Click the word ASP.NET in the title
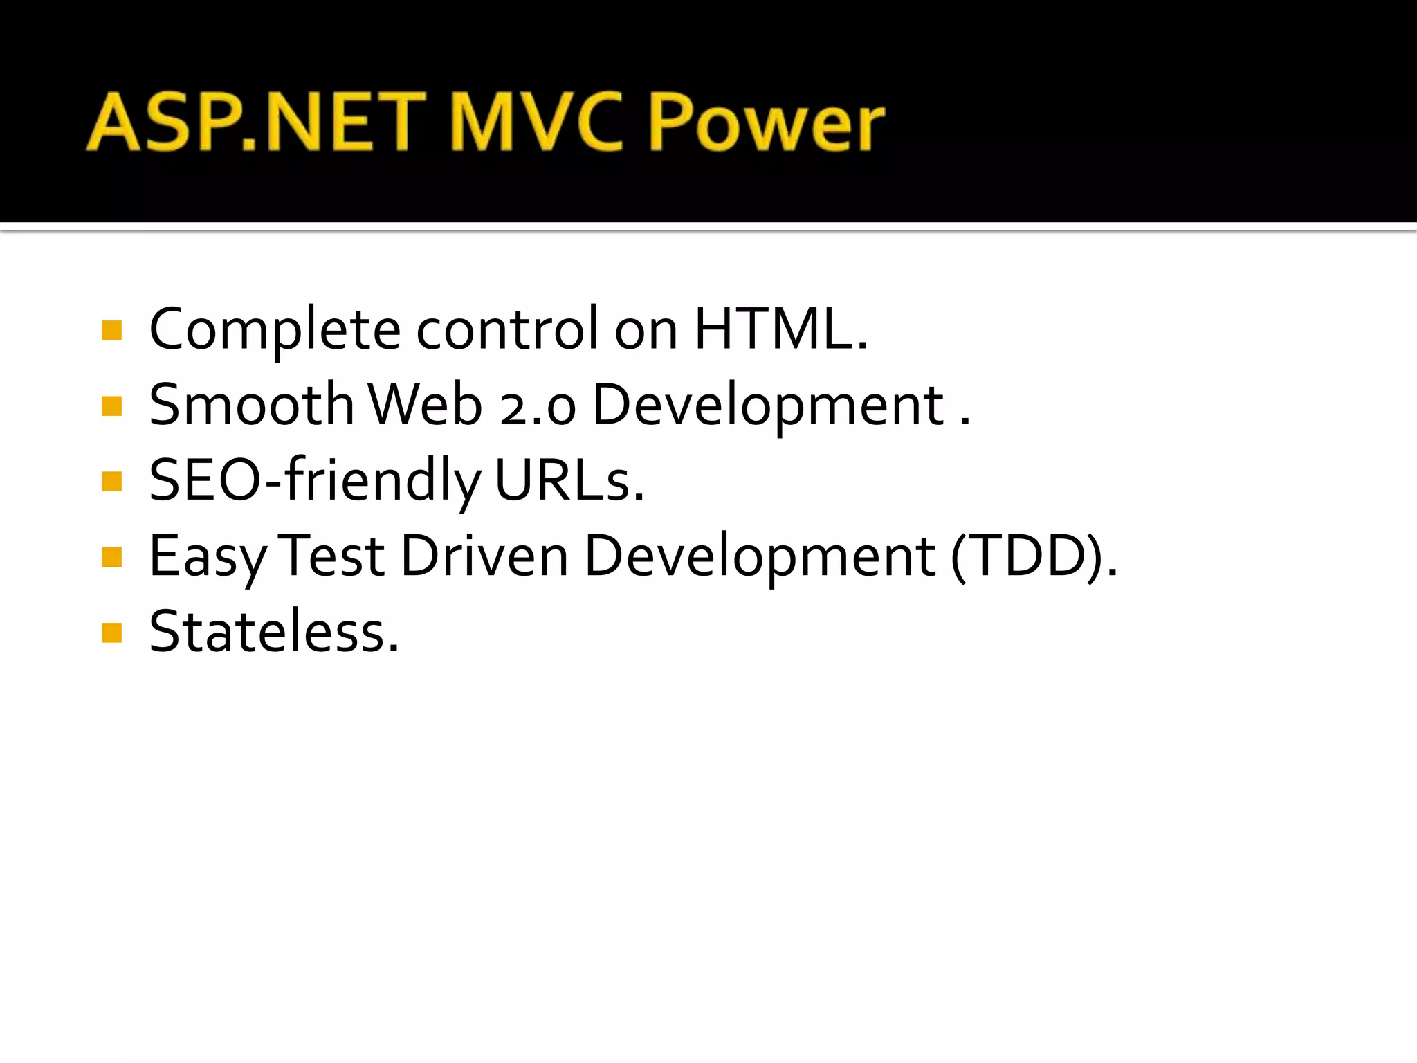[256, 122]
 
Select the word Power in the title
[767, 122]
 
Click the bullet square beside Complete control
[111, 330]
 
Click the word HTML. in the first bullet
[780, 329]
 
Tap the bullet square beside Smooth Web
[111, 406]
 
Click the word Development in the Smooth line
[768, 405]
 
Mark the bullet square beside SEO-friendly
[111, 481]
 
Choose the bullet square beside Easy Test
[111, 556]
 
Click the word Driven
[484, 556]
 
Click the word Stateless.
[274, 632]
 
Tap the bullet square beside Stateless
[111, 633]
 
